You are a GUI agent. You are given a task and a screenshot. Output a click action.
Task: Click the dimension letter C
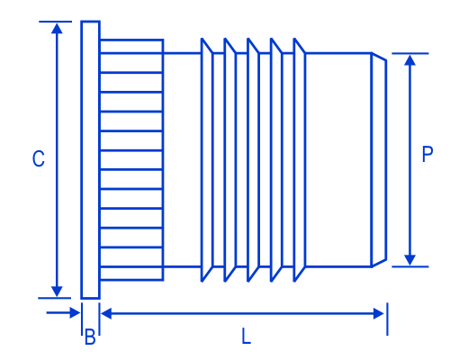(39, 158)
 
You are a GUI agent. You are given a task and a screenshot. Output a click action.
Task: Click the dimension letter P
(427, 154)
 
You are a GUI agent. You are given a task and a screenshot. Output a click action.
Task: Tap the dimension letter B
(90, 337)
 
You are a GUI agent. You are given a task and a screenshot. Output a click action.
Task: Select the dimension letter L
(246, 336)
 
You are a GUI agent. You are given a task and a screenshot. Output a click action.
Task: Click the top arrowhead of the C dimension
(57, 29)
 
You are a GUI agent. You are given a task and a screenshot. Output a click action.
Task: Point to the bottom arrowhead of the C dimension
(57, 292)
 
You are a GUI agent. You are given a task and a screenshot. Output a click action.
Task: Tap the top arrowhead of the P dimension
(409, 60)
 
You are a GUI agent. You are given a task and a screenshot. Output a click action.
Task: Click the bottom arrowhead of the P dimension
(409, 260)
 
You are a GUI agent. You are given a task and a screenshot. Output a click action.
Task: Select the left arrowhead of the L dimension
(106, 313)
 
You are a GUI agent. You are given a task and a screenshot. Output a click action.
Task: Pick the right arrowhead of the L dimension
(379, 313)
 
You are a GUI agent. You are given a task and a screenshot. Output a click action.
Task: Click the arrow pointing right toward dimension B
(63, 313)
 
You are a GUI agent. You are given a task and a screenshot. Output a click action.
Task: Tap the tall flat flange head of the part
(90, 159)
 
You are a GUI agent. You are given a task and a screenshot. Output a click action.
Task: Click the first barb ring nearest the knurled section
(207, 160)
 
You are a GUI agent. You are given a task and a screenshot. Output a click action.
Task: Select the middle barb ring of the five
(254, 160)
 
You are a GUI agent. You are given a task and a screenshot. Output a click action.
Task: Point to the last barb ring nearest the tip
(300, 160)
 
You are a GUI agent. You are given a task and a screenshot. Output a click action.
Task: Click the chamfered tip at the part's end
(379, 159)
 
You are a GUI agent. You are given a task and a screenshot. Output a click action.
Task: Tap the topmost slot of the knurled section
(131, 46)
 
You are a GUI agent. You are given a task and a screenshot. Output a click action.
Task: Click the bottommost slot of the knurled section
(131, 274)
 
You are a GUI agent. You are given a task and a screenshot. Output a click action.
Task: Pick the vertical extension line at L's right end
(387, 319)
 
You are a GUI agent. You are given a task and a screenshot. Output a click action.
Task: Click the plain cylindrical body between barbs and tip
(338, 159)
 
